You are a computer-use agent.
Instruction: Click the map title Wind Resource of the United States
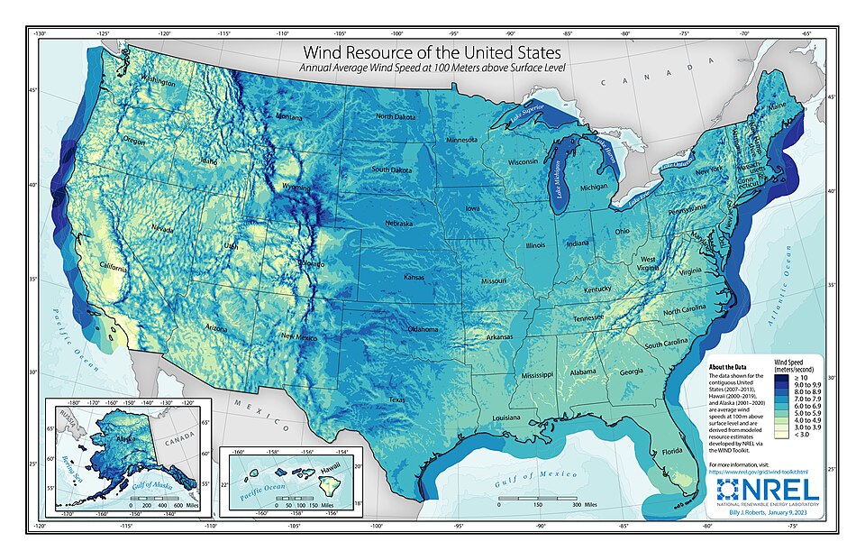point(432,53)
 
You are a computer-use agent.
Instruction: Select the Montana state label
point(288,117)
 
